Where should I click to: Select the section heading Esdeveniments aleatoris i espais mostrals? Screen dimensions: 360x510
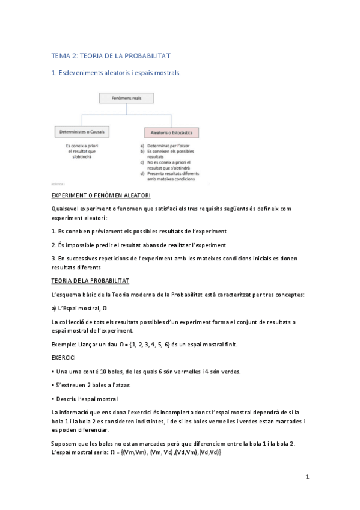(116, 73)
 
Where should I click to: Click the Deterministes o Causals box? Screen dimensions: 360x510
(79, 131)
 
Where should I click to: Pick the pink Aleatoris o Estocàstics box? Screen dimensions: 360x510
(172, 131)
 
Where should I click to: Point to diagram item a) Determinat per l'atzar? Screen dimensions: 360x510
(163, 146)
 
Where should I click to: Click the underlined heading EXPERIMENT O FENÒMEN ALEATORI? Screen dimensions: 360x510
(101, 196)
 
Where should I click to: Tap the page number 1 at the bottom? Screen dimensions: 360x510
(307, 477)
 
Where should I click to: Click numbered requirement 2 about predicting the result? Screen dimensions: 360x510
(139, 245)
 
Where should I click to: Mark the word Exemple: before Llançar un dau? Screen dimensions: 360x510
(64, 345)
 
